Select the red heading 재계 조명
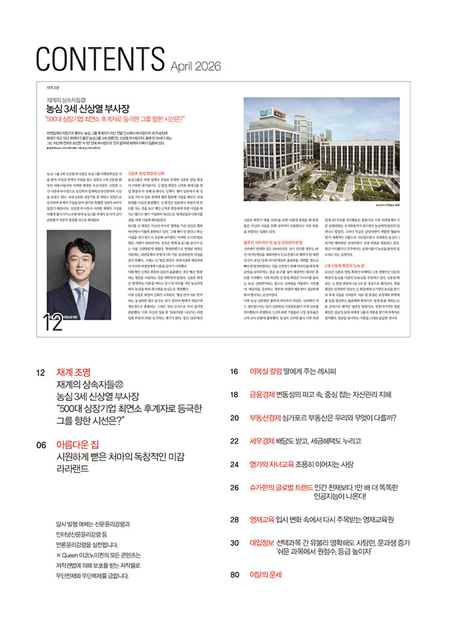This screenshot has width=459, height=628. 74,371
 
